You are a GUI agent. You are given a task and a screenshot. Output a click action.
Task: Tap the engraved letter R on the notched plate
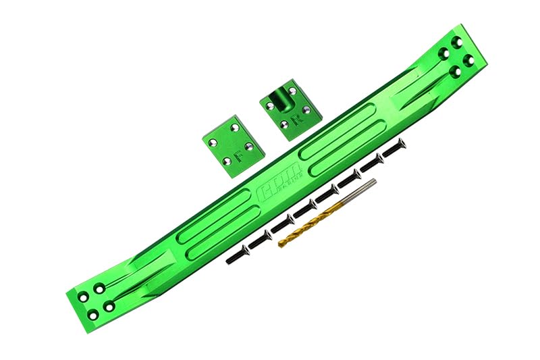point(294,122)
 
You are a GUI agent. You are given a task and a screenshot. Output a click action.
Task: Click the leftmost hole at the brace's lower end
point(83,297)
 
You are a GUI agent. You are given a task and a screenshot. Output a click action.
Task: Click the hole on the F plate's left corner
point(213,143)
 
